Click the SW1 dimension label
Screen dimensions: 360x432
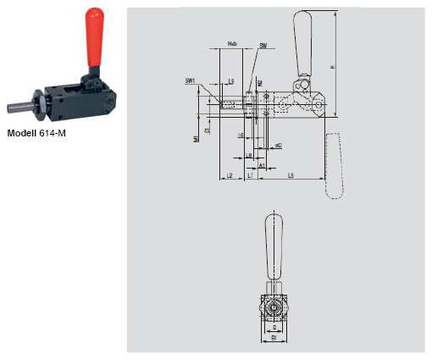(x=191, y=80)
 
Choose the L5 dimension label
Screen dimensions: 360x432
(x=291, y=174)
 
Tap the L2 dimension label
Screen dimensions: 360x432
(x=228, y=174)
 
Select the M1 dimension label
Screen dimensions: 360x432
(x=196, y=138)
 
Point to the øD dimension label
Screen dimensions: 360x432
(x=276, y=146)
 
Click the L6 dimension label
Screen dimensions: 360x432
(x=241, y=136)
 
